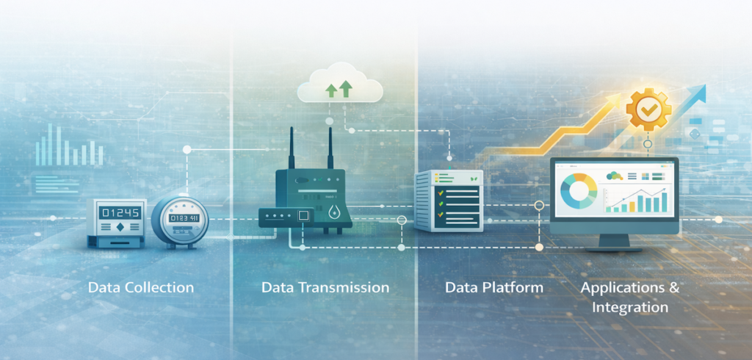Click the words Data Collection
[x=141, y=287]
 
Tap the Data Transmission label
[x=325, y=287]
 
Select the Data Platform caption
[x=494, y=287]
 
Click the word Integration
[x=630, y=307]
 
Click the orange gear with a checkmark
[x=648, y=109]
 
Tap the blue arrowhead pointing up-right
[x=697, y=93]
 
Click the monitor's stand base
[x=615, y=248]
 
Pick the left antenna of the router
[x=292, y=149]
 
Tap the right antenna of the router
[x=330, y=149]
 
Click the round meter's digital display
[x=180, y=218]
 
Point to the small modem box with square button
[x=286, y=216]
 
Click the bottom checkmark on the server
[x=441, y=215]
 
